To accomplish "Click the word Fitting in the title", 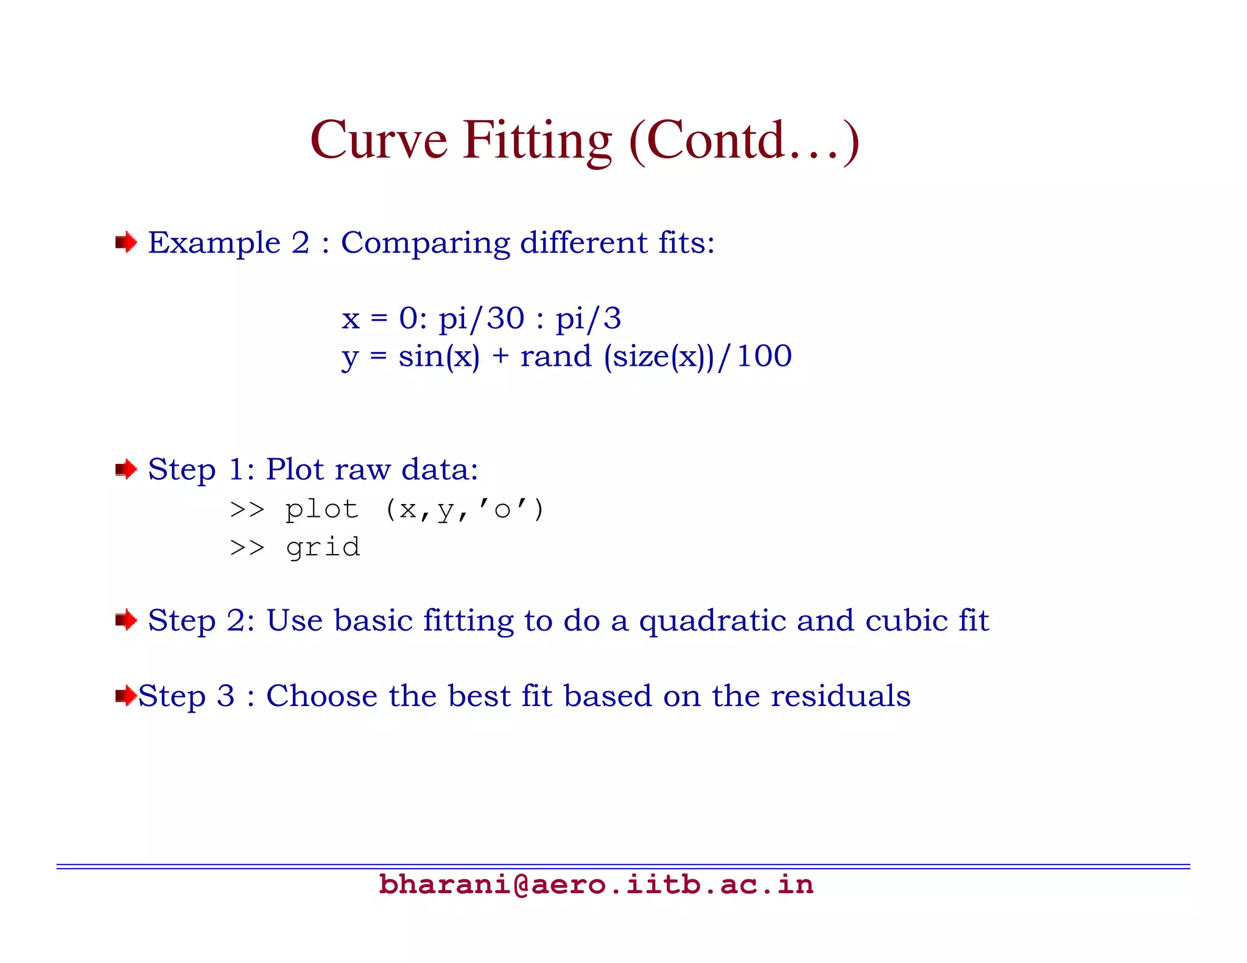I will tap(537, 141).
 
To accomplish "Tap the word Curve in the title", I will tap(379, 141).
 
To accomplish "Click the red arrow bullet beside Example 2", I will tap(126, 243).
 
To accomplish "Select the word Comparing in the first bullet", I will tap(425, 243).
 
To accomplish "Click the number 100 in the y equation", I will tap(764, 356).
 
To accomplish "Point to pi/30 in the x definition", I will tap(481, 318).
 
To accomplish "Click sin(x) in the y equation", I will tap(439, 356).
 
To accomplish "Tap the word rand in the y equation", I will tap(555, 356).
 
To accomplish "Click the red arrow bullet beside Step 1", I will tap(126, 469).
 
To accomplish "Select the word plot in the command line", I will tap(322, 509).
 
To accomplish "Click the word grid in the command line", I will tap(323, 547).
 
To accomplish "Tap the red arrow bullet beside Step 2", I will tap(126, 620).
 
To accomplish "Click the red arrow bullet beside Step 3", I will tap(125, 695).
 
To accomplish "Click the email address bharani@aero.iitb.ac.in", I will tap(595, 884).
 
